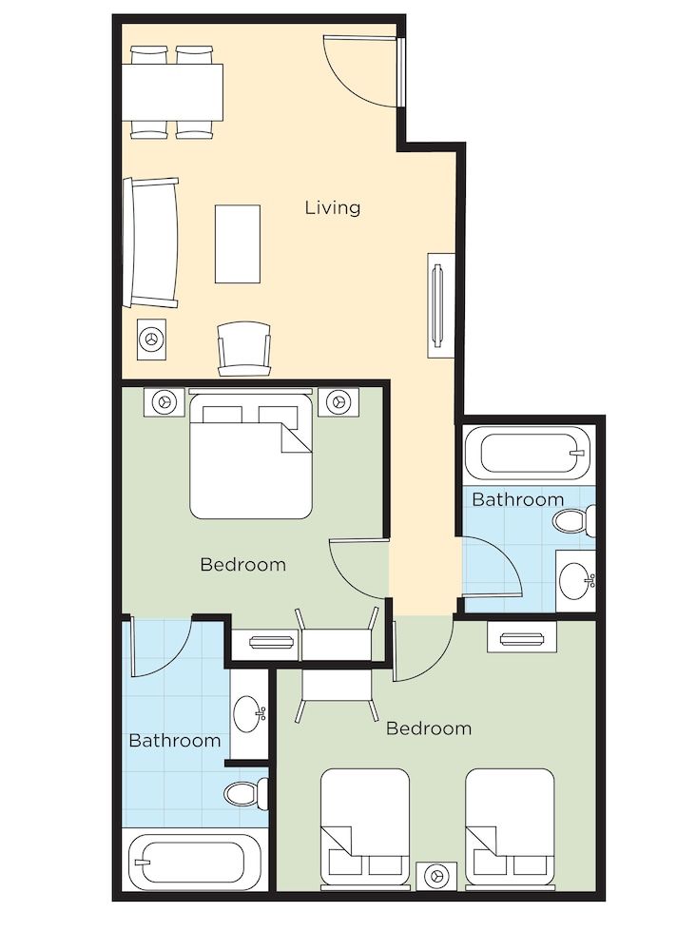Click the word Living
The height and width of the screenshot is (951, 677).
click(333, 207)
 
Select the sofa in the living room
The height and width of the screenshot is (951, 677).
click(151, 243)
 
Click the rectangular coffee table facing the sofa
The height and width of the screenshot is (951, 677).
click(238, 243)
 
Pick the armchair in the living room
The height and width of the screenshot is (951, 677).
click(243, 347)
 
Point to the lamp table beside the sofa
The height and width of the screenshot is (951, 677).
click(152, 337)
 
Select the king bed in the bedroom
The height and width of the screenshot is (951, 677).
click(251, 456)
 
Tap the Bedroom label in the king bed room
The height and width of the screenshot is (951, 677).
click(242, 564)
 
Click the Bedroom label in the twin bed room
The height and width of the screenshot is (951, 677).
click(428, 728)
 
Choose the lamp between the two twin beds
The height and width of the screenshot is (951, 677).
click(437, 874)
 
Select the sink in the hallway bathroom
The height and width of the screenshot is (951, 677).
click(575, 578)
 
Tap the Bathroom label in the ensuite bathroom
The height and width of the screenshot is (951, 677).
click(175, 740)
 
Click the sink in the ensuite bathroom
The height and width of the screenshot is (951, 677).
click(250, 709)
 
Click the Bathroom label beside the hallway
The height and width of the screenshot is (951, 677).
click(517, 499)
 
